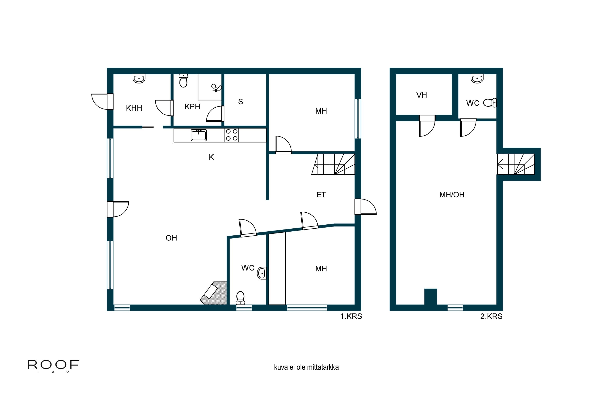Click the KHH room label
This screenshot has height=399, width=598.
134,108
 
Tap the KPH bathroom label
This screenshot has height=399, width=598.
192,107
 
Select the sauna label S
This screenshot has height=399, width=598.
241,102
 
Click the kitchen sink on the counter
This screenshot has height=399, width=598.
199,135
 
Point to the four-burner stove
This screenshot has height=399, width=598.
232,135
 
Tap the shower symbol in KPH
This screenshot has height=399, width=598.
216,88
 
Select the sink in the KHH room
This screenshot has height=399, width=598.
139,79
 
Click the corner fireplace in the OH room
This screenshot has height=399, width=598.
213,293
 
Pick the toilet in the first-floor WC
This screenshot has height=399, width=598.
240,298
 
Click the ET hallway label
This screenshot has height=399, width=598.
321,195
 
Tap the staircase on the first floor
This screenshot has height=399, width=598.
333,164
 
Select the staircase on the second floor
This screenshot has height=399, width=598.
516,164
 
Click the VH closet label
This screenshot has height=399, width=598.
422,95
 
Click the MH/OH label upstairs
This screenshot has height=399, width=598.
452,195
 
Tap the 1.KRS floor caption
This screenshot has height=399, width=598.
351,316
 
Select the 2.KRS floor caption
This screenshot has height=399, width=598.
491,316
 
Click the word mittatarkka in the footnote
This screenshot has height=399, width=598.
323,367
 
